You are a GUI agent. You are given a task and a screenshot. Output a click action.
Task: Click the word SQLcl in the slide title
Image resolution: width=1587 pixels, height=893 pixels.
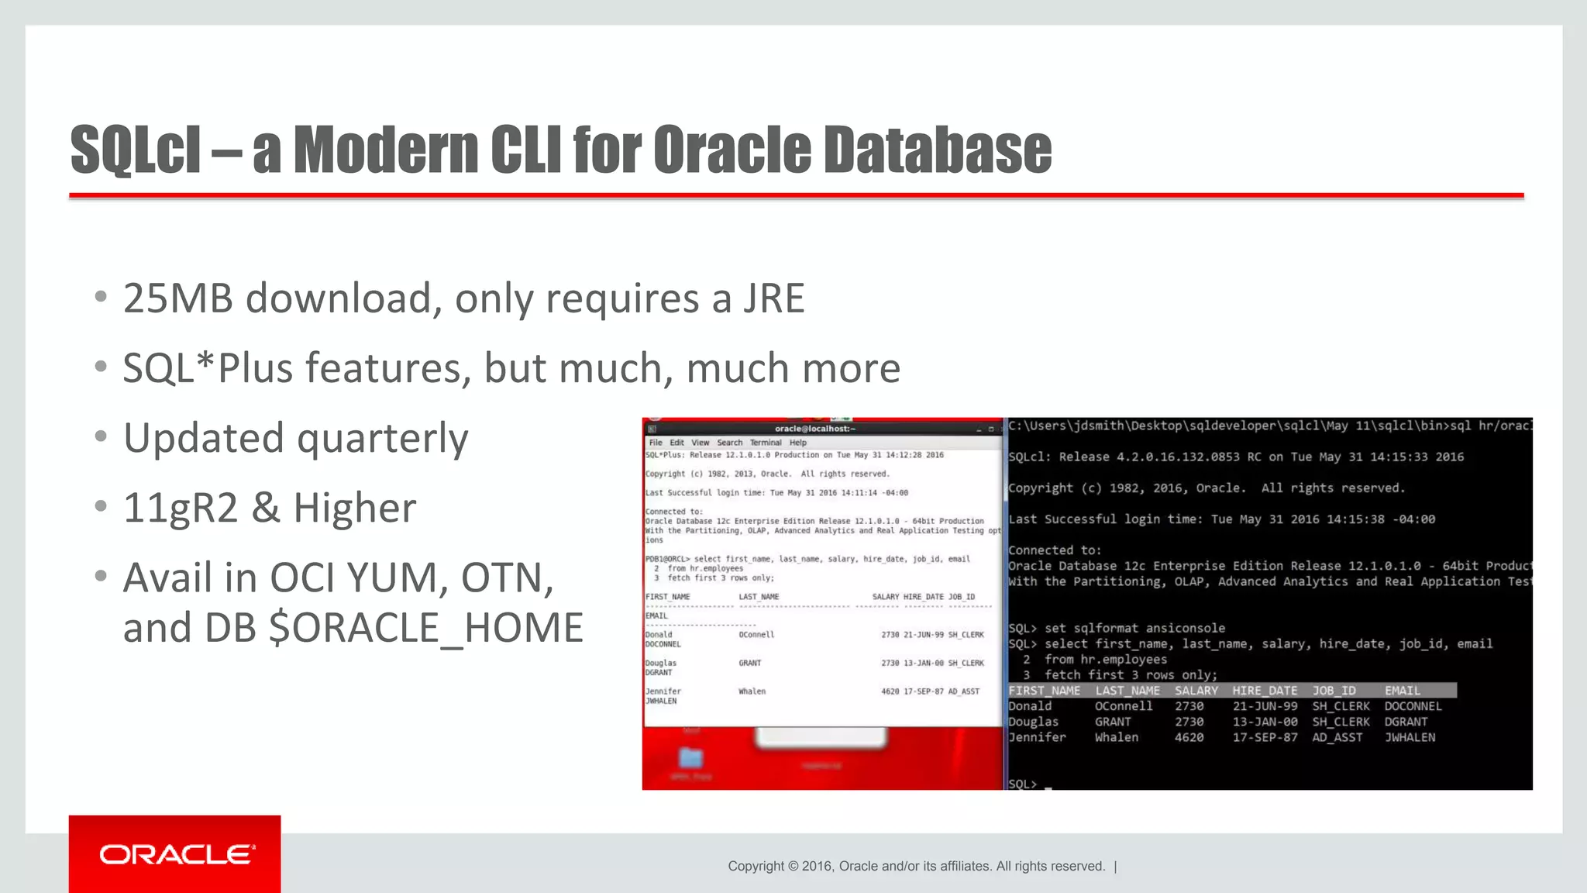point(136,150)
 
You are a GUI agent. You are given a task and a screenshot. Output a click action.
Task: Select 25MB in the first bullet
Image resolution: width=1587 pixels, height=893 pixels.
point(177,298)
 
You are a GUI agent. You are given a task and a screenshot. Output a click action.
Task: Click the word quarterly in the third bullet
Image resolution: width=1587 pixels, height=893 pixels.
point(383,439)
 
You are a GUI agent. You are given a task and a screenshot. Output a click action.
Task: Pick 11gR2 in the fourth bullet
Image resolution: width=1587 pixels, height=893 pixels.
point(180,509)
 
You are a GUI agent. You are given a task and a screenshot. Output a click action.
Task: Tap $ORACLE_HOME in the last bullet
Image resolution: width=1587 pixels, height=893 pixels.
point(425,628)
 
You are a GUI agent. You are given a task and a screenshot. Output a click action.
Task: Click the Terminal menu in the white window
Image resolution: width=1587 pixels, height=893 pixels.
point(766,443)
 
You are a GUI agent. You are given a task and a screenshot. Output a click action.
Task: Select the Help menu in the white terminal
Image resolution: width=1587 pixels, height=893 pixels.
point(798,443)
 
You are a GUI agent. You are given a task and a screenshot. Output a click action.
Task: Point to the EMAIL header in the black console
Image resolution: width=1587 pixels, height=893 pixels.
point(1403,691)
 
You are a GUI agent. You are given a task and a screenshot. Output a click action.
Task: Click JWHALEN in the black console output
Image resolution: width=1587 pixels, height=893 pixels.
point(1410,738)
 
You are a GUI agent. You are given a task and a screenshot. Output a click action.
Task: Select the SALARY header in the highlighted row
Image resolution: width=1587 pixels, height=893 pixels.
point(1196,691)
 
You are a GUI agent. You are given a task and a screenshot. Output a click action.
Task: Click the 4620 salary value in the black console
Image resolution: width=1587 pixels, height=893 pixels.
point(1189,738)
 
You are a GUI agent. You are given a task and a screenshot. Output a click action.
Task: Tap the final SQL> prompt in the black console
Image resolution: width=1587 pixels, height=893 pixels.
point(1022,784)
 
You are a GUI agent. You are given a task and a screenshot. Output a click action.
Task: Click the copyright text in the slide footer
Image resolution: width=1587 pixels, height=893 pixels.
point(916,867)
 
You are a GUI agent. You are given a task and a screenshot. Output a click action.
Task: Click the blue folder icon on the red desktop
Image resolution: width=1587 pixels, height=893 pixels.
point(690,757)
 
